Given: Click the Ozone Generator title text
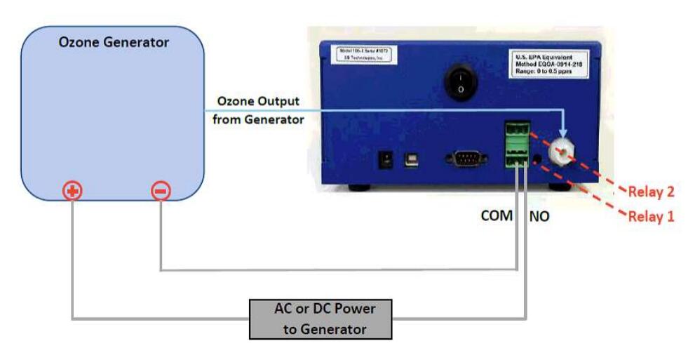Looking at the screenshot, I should pyautogui.click(x=114, y=43).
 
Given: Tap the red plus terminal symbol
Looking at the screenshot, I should pyautogui.click(x=73, y=190).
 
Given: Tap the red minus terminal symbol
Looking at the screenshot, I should pyautogui.click(x=161, y=190).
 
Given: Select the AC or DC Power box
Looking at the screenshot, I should pyautogui.click(x=321, y=319).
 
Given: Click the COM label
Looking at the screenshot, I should pyautogui.click(x=496, y=216).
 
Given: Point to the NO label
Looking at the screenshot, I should pyautogui.click(x=539, y=217).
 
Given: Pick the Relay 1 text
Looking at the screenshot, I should pyautogui.click(x=651, y=216).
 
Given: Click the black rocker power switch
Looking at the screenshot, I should pyautogui.click(x=460, y=83).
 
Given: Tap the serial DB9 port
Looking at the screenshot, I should pyautogui.click(x=465, y=159).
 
